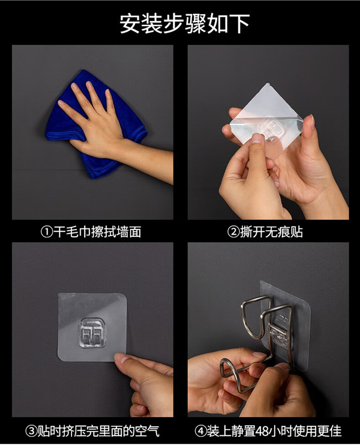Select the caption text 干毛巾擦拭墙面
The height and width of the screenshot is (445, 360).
(97, 232)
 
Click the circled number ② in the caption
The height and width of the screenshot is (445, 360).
(233, 233)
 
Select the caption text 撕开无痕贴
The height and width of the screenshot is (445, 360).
(271, 232)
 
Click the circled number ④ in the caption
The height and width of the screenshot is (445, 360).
(201, 432)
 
